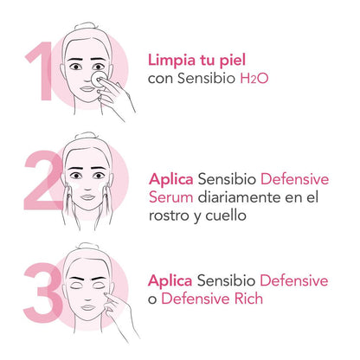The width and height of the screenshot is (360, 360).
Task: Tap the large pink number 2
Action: pos(43,180)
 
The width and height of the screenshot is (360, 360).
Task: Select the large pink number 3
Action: pos(43,292)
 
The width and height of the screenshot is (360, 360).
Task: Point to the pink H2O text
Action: pos(254,79)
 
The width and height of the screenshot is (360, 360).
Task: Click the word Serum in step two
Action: pos(170,197)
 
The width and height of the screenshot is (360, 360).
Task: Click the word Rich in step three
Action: pos(248,299)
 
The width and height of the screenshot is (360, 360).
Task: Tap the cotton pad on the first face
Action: pos(99,79)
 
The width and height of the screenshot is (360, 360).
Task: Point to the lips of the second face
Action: pos(87,197)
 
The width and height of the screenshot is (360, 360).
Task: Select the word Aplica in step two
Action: pos(171,180)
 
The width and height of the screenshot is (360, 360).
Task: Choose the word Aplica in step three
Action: pos(170,281)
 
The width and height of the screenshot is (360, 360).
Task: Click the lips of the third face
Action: pos(87,307)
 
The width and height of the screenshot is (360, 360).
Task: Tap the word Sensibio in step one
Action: pos(206,79)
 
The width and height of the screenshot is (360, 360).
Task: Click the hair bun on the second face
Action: pos(87,136)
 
